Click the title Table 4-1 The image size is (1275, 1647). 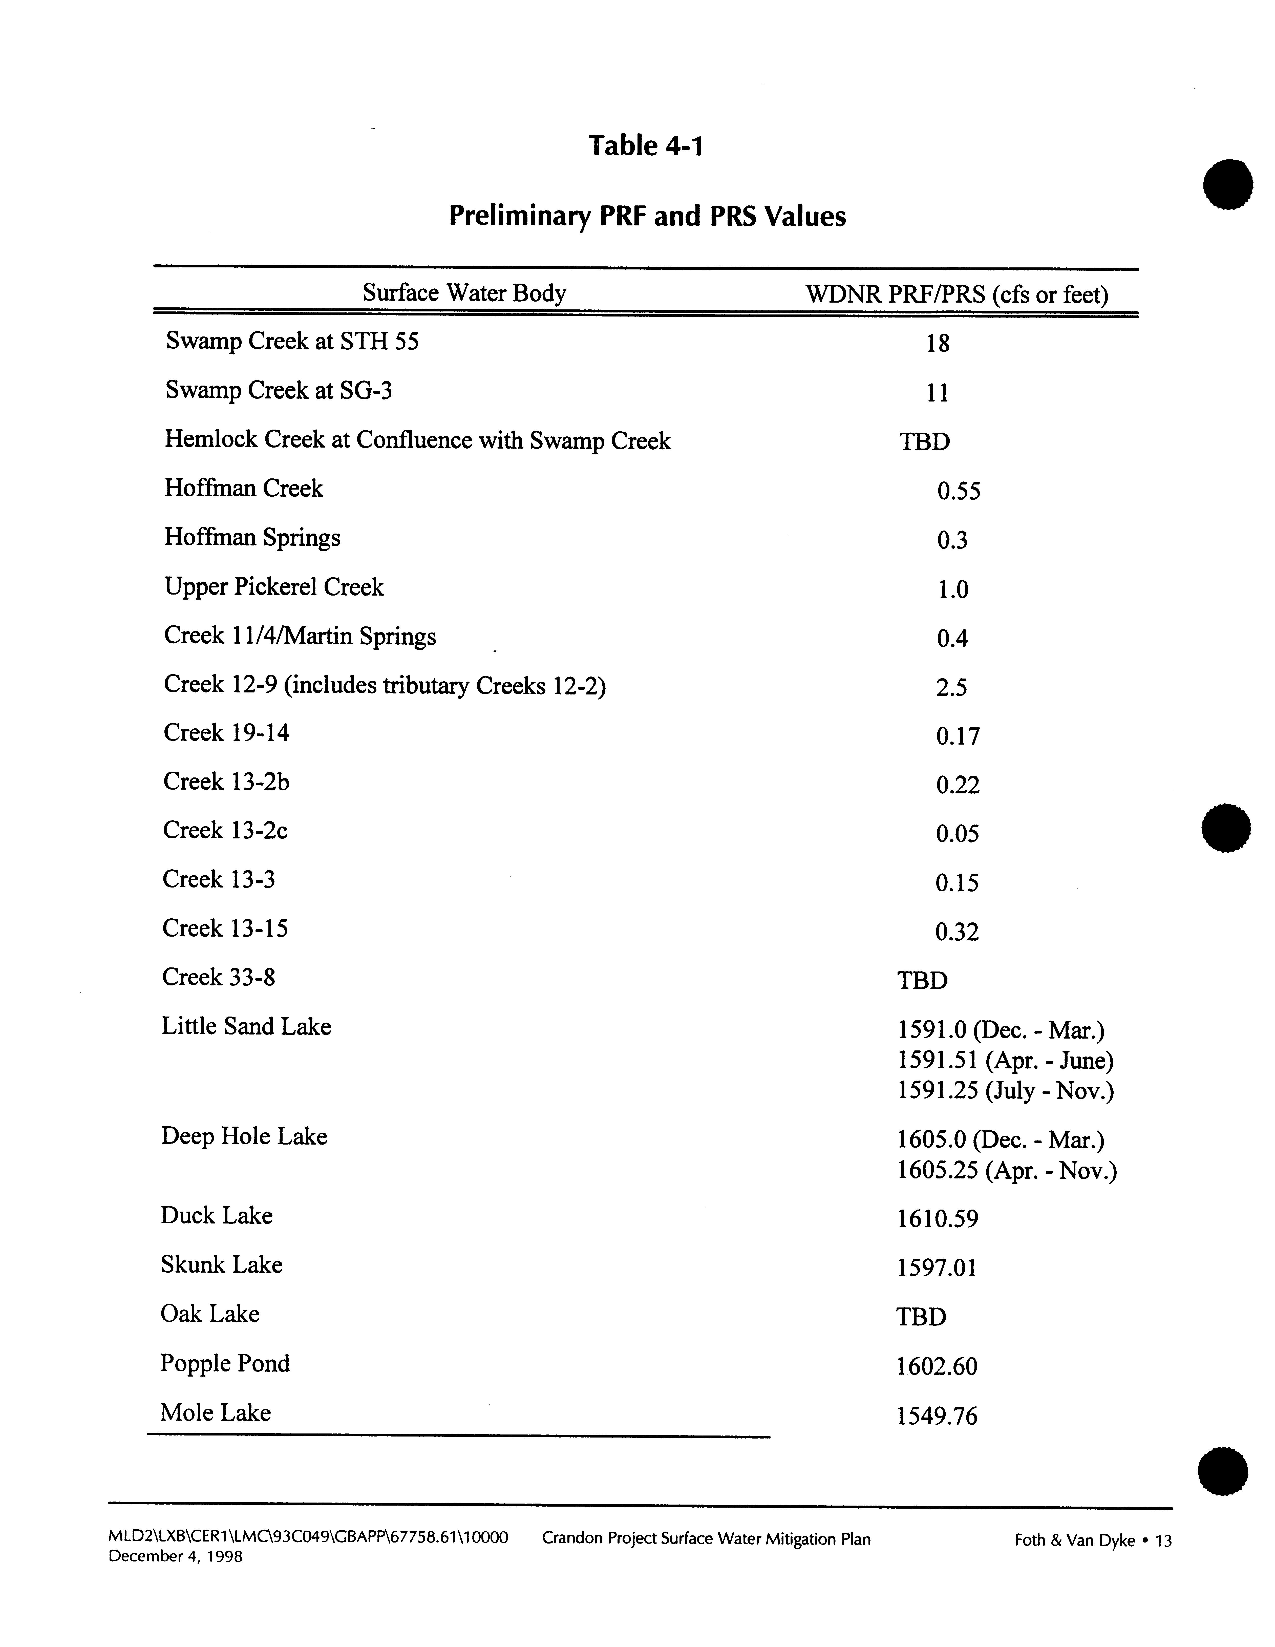tap(645, 145)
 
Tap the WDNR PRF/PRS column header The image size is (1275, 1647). tap(957, 294)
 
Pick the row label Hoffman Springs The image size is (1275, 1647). tap(252, 538)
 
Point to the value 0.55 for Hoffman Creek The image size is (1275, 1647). tap(958, 492)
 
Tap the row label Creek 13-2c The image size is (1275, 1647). tap(225, 830)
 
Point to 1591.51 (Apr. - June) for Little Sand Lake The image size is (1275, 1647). tap(1005, 1061)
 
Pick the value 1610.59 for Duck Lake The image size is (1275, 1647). tap(937, 1219)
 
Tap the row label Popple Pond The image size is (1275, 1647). tap(225, 1363)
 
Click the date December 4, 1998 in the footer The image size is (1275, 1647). tap(176, 1556)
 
